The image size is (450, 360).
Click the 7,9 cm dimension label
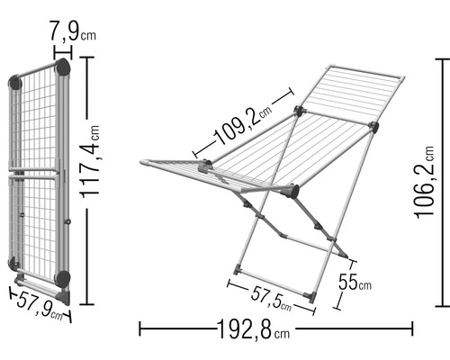click(x=72, y=31)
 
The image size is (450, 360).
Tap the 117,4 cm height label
click(x=90, y=162)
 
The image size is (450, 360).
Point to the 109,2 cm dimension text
click(x=242, y=125)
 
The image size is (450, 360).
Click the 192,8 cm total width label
click(x=253, y=329)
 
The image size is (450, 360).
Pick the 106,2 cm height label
click(x=424, y=183)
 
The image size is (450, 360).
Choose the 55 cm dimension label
click(x=355, y=282)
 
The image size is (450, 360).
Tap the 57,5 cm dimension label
click(x=271, y=298)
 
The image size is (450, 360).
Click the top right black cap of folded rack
click(x=63, y=67)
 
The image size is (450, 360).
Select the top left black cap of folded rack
click(x=15, y=83)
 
